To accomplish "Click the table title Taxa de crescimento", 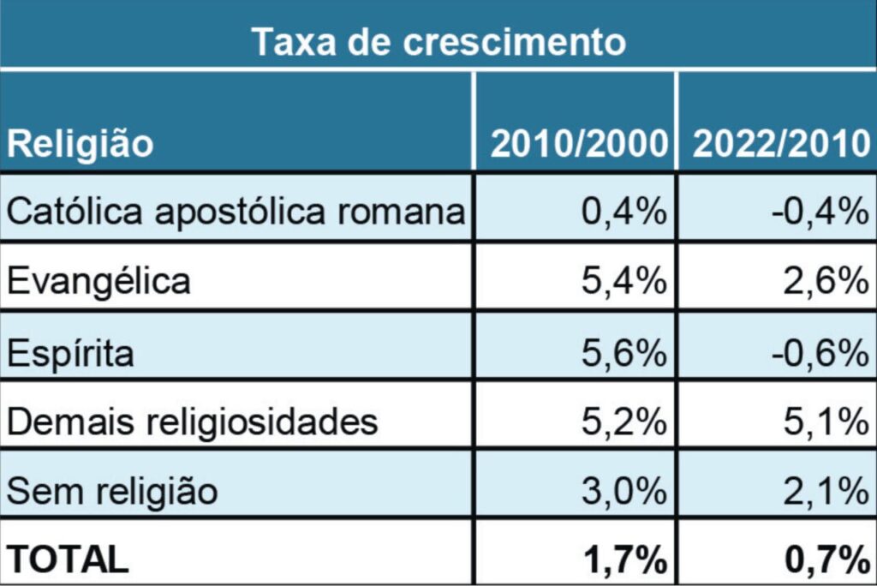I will click(x=438, y=41).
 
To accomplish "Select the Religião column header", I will click(x=81, y=144).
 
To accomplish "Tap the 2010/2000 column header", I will click(x=578, y=144).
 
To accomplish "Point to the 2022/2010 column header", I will click(x=780, y=144).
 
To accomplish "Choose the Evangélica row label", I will click(x=98, y=281).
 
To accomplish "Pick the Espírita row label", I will click(x=71, y=351).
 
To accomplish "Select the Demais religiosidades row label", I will click(x=192, y=422).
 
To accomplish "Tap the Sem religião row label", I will click(x=112, y=492).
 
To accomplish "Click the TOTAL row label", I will click(x=68, y=560).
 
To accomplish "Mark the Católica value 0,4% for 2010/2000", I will click(x=623, y=211).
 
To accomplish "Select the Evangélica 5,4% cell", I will click(x=623, y=281).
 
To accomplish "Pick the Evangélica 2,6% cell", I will click(x=823, y=281).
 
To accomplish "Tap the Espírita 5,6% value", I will click(x=623, y=351).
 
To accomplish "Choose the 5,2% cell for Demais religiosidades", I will click(x=623, y=422).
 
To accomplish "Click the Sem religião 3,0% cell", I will click(x=623, y=492).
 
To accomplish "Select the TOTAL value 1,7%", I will click(x=623, y=560).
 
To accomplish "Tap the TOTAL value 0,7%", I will click(x=823, y=560).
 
